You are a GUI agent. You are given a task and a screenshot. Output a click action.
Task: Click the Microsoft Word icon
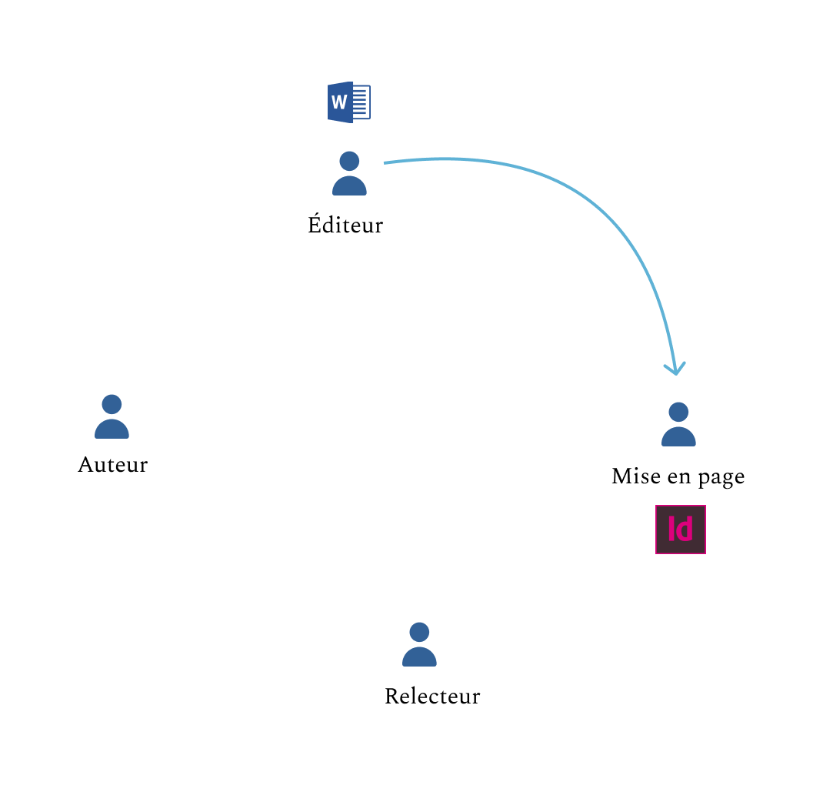(x=349, y=102)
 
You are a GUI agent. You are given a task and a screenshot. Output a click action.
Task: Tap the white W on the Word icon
(x=338, y=102)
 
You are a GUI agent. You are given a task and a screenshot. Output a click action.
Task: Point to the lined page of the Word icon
(x=361, y=102)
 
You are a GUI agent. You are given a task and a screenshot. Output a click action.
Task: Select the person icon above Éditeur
(x=349, y=174)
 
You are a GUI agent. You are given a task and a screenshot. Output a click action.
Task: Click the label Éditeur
(x=345, y=225)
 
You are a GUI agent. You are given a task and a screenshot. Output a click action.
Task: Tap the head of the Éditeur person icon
(x=349, y=161)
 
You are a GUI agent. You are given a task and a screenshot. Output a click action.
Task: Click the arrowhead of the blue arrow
(x=675, y=369)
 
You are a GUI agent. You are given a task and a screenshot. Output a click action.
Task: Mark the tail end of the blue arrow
(x=386, y=162)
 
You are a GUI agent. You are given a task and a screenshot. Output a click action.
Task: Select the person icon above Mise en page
(x=678, y=425)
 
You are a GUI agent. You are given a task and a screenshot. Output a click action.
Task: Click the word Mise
(x=628, y=476)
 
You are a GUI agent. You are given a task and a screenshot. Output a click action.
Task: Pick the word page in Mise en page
(x=721, y=478)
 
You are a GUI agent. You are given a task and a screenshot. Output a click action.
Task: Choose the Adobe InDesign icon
(x=681, y=530)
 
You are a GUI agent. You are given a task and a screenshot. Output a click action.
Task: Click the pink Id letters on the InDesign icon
(x=681, y=530)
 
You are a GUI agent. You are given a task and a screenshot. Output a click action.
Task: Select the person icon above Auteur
(x=112, y=417)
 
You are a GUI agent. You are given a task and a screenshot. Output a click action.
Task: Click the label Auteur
(x=112, y=465)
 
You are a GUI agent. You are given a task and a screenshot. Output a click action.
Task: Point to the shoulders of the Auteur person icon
(x=112, y=429)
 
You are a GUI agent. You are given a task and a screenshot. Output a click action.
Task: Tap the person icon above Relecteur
(x=419, y=645)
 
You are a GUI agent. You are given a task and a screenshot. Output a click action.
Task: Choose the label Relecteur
(x=432, y=697)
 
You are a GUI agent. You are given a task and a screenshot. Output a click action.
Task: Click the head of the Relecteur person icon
(x=419, y=632)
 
